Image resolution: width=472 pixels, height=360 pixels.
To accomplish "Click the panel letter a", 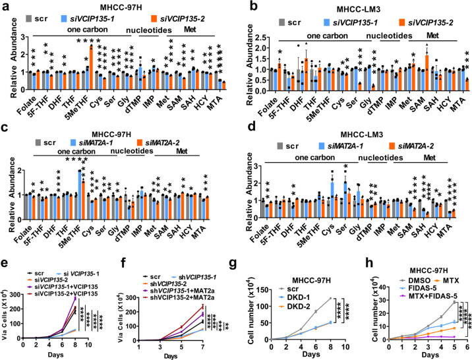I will click(x=6, y=6).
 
